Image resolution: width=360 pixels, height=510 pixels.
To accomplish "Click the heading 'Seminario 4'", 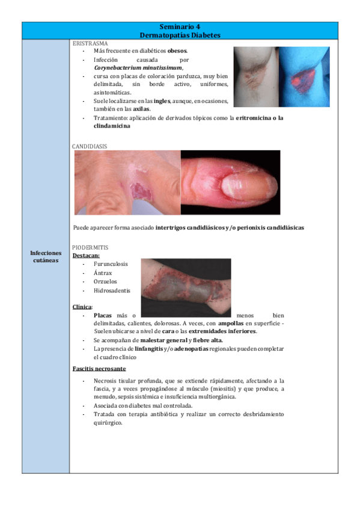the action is pos(180,26).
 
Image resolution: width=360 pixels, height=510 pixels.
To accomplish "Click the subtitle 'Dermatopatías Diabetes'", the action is pos(180,35).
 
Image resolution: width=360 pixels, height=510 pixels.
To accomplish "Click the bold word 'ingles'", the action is pos(162,101).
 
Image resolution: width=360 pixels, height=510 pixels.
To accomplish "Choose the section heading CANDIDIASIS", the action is pos(90,146).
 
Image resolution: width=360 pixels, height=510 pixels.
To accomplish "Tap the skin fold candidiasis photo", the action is pos(127,183).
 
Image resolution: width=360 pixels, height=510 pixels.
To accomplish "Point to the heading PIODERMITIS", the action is pos(90,247).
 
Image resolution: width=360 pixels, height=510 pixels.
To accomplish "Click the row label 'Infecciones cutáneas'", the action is pos(45,257).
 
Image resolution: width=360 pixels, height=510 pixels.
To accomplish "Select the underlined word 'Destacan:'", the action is pos(86,255).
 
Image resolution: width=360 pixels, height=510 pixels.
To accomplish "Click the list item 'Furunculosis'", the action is pos(112,264).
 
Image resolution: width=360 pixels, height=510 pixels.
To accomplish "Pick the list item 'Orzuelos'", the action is pos(106,281).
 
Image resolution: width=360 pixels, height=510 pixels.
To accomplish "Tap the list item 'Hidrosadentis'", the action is pos(112,290).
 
